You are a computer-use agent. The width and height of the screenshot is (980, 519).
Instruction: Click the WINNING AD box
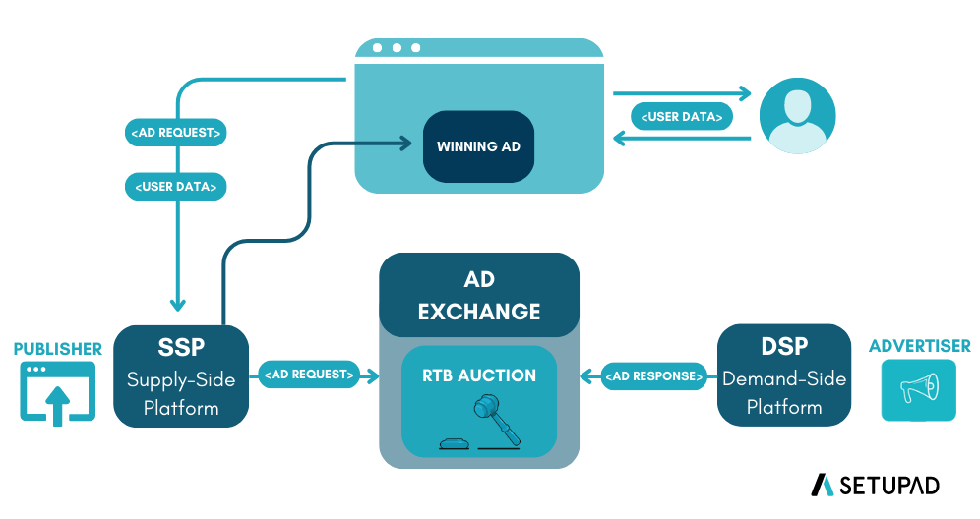[x=478, y=146]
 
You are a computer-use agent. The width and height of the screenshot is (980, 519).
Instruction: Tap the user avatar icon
[x=797, y=116]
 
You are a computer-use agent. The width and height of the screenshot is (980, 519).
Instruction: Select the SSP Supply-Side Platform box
[x=179, y=375]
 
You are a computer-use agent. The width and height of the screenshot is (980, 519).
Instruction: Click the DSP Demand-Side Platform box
[x=783, y=375]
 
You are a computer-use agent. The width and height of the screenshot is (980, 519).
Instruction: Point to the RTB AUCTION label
[x=479, y=375]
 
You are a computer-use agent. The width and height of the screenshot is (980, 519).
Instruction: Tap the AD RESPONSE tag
[x=654, y=375]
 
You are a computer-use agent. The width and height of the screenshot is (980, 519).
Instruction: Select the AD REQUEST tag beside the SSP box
[x=307, y=375]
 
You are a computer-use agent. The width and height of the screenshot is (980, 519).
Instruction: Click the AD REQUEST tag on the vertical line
[x=176, y=133]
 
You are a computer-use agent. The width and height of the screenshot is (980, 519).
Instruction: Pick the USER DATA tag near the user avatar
[x=682, y=117]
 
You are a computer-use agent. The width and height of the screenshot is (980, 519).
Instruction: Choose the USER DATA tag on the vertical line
[x=176, y=186]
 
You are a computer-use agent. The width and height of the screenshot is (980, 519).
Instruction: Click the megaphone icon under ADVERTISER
[x=918, y=390]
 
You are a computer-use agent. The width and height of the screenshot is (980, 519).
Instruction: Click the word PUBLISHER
[x=57, y=349]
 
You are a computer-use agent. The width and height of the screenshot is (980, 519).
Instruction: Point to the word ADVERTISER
[x=919, y=346]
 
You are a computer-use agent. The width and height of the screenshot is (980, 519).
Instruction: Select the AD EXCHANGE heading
[x=479, y=296]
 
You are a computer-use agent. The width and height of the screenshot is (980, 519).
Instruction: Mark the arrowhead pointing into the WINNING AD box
[x=404, y=144]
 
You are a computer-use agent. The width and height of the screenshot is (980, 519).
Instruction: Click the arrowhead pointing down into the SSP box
[x=178, y=304]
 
